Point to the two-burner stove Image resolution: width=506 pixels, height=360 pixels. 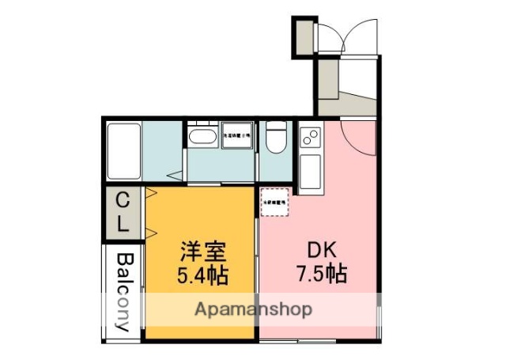pyautogui.click(x=308, y=137)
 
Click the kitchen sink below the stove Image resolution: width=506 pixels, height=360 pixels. pyautogui.click(x=308, y=171)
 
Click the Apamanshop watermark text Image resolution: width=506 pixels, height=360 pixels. pyautogui.click(x=253, y=309)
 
